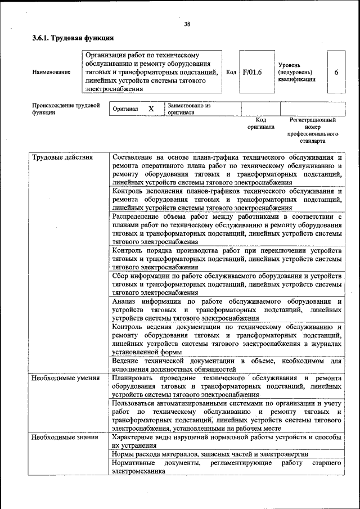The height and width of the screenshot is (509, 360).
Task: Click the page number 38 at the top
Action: pyautogui.click(x=187, y=24)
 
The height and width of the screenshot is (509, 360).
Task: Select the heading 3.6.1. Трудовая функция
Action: pyautogui.click(x=73, y=38)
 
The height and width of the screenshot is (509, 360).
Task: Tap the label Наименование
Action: pyautogui.click(x=51, y=72)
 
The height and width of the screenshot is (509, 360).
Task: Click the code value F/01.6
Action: pyautogui.click(x=253, y=72)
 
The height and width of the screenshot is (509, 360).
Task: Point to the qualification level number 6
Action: pyautogui.click(x=336, y=72)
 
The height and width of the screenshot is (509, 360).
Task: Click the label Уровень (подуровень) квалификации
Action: pyautogui.click(x=296, y=72)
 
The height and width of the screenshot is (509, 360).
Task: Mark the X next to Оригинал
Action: pyautogui.click(x=151, y=109)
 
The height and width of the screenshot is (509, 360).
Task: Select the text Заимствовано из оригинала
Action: pyautogui.click(x=188, y=109)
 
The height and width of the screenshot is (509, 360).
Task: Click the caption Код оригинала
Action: pyautogui.click(x=260, y=123)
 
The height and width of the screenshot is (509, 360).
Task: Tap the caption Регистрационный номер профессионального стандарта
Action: pyautogui.click(x=312, y=130)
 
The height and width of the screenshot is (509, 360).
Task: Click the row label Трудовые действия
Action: pyautogui.click(x=62, y=157)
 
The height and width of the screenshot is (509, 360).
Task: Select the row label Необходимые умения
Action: pyautogui.click(x=65, y=378)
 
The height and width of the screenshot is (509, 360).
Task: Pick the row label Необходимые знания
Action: pyautogui.click(x=65, y=437)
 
